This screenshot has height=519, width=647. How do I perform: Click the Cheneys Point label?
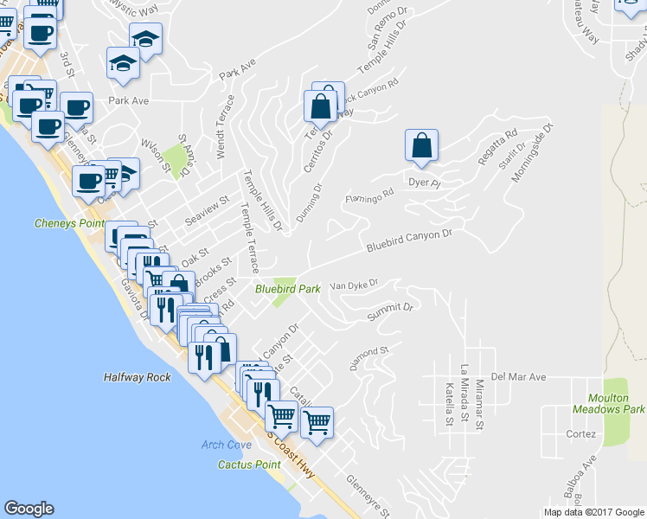pyautogui.click(x=70, y=223)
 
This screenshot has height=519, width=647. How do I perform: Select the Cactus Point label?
pyautogui.click(x=249, y=465)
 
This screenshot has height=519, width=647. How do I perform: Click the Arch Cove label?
pyautogui.click(x=226, y=445)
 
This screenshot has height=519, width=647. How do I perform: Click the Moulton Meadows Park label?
pyautogui.click(x=609, y=402)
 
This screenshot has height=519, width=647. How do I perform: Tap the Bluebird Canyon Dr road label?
pyautogui.click(x=409, y=240)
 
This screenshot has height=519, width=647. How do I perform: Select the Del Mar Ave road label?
pyautogui.click(x=519, y=377)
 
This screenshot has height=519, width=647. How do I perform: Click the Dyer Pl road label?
pyautogui.click(x=424, y=183)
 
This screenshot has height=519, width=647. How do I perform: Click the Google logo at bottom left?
pyautogui.click(x=29, y=509)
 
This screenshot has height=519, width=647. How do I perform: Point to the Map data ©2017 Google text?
pyautogui.click(x=593, y=512)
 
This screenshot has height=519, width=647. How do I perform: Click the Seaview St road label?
pyautogui.click(x=206, y=212)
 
